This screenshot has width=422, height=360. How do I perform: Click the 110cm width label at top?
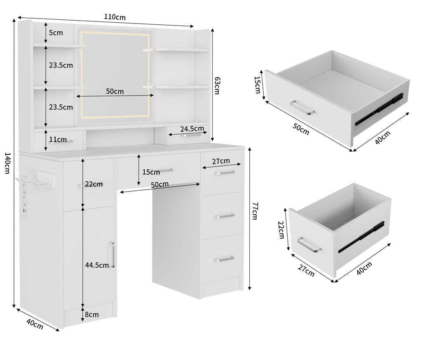pyautogui.click(x=115, y=17)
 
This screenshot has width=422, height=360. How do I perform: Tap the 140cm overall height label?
pyautogui.click(x=7, y=163)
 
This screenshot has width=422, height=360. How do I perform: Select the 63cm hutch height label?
pyautogui.click(x=217, y=86)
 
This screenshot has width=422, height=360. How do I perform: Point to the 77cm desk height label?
pyautogui.click(x=255, y=211)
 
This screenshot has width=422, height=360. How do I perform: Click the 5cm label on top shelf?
pyautogui.click(x=56, y=33)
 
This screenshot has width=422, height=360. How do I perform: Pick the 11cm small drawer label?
pyautogui.click(x=58, y=139)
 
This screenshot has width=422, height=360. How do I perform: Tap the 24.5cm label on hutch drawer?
pyautogui.click(x=192, y=129)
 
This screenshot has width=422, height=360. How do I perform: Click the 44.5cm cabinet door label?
pyautogui.click(x=97, y=265)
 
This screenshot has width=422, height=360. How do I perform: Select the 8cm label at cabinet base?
pyautogui.click(x=92, y=314)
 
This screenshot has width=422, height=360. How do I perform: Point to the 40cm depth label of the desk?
pyautogui.click(x=35, y=324)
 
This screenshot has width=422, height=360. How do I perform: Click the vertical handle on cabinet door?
pyautogui.click(x=112, y=255)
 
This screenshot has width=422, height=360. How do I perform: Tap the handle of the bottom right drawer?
pyautogui.click(x=224, y=259)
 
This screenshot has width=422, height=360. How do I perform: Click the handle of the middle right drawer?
pyautogui.click(x=224, y=216)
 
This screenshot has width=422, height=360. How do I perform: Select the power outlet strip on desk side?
pyautogui.click(x=24, y=198)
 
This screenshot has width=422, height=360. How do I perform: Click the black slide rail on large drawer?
pyautogui.click(x=379, y=110)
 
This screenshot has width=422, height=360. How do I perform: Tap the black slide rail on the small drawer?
pyautogui.click(x=361, y=237)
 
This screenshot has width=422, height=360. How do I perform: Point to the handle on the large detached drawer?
pyautogui.click(x=302, y=108)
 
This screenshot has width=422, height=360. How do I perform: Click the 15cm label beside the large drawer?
pyautogui.click(x=258, y=85)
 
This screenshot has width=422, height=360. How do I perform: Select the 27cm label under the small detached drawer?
pyautogui.click(x=306, y=270)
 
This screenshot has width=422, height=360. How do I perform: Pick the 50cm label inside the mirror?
pyautogui.click(x=115, y=91)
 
